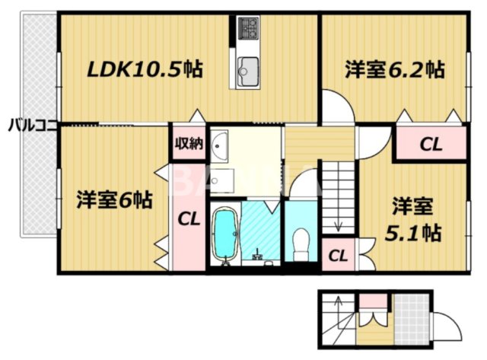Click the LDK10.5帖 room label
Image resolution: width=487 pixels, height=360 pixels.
click(145, 70)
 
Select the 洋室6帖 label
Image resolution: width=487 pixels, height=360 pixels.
click(113, 201)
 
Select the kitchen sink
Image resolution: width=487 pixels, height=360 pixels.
click(248, 72)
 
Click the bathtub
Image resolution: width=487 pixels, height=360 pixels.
click(224, 232)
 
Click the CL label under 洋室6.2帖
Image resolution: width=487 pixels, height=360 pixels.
click(430, 144)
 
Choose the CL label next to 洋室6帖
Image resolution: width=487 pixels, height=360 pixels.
click(189, 219)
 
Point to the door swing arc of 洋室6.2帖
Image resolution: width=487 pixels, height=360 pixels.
click(337, 107)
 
